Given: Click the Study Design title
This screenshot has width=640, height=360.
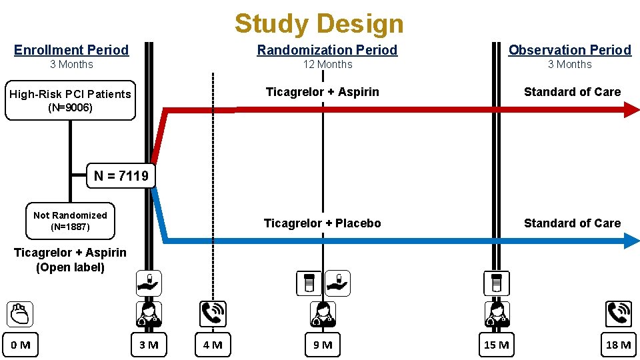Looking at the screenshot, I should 319,23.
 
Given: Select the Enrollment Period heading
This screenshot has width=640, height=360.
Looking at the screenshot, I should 71,50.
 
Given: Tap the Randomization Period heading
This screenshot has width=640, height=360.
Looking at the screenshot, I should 327,50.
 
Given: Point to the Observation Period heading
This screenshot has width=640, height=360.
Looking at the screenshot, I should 569,50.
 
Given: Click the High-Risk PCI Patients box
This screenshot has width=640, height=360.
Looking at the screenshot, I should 70,101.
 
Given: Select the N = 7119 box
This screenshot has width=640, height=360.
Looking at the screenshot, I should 121,176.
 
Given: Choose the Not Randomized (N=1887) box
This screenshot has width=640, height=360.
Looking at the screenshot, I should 70,221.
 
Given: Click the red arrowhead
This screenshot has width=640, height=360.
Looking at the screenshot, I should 631,110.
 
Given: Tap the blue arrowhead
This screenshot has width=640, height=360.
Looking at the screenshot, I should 631,241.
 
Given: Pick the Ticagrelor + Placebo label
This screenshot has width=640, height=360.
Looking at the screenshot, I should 323,223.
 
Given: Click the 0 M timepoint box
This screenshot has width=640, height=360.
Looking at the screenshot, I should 20,345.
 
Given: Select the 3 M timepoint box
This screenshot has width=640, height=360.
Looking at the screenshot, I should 148,345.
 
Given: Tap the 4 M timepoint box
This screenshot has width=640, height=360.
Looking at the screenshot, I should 213,345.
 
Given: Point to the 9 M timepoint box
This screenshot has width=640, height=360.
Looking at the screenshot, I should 323,345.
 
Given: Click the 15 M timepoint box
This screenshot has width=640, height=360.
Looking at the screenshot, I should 497,345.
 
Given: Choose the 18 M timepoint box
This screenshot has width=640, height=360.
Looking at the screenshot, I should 618,345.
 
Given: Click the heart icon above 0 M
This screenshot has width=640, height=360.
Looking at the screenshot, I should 20,313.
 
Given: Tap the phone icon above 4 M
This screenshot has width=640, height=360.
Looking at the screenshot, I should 213,313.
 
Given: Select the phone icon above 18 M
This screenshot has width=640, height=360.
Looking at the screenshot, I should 618,313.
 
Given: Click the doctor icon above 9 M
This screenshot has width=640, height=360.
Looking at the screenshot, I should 323,313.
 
